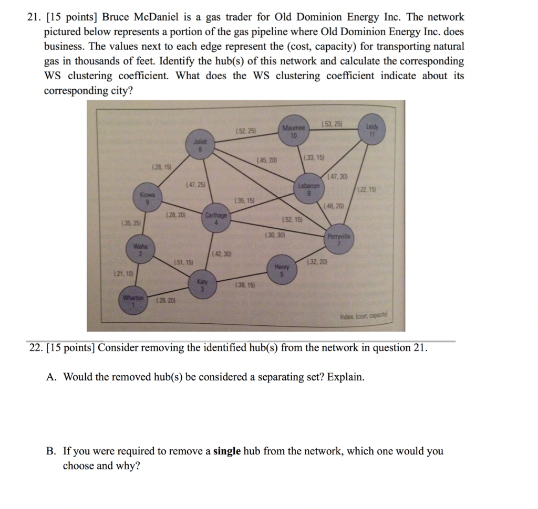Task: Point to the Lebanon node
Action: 309,189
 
